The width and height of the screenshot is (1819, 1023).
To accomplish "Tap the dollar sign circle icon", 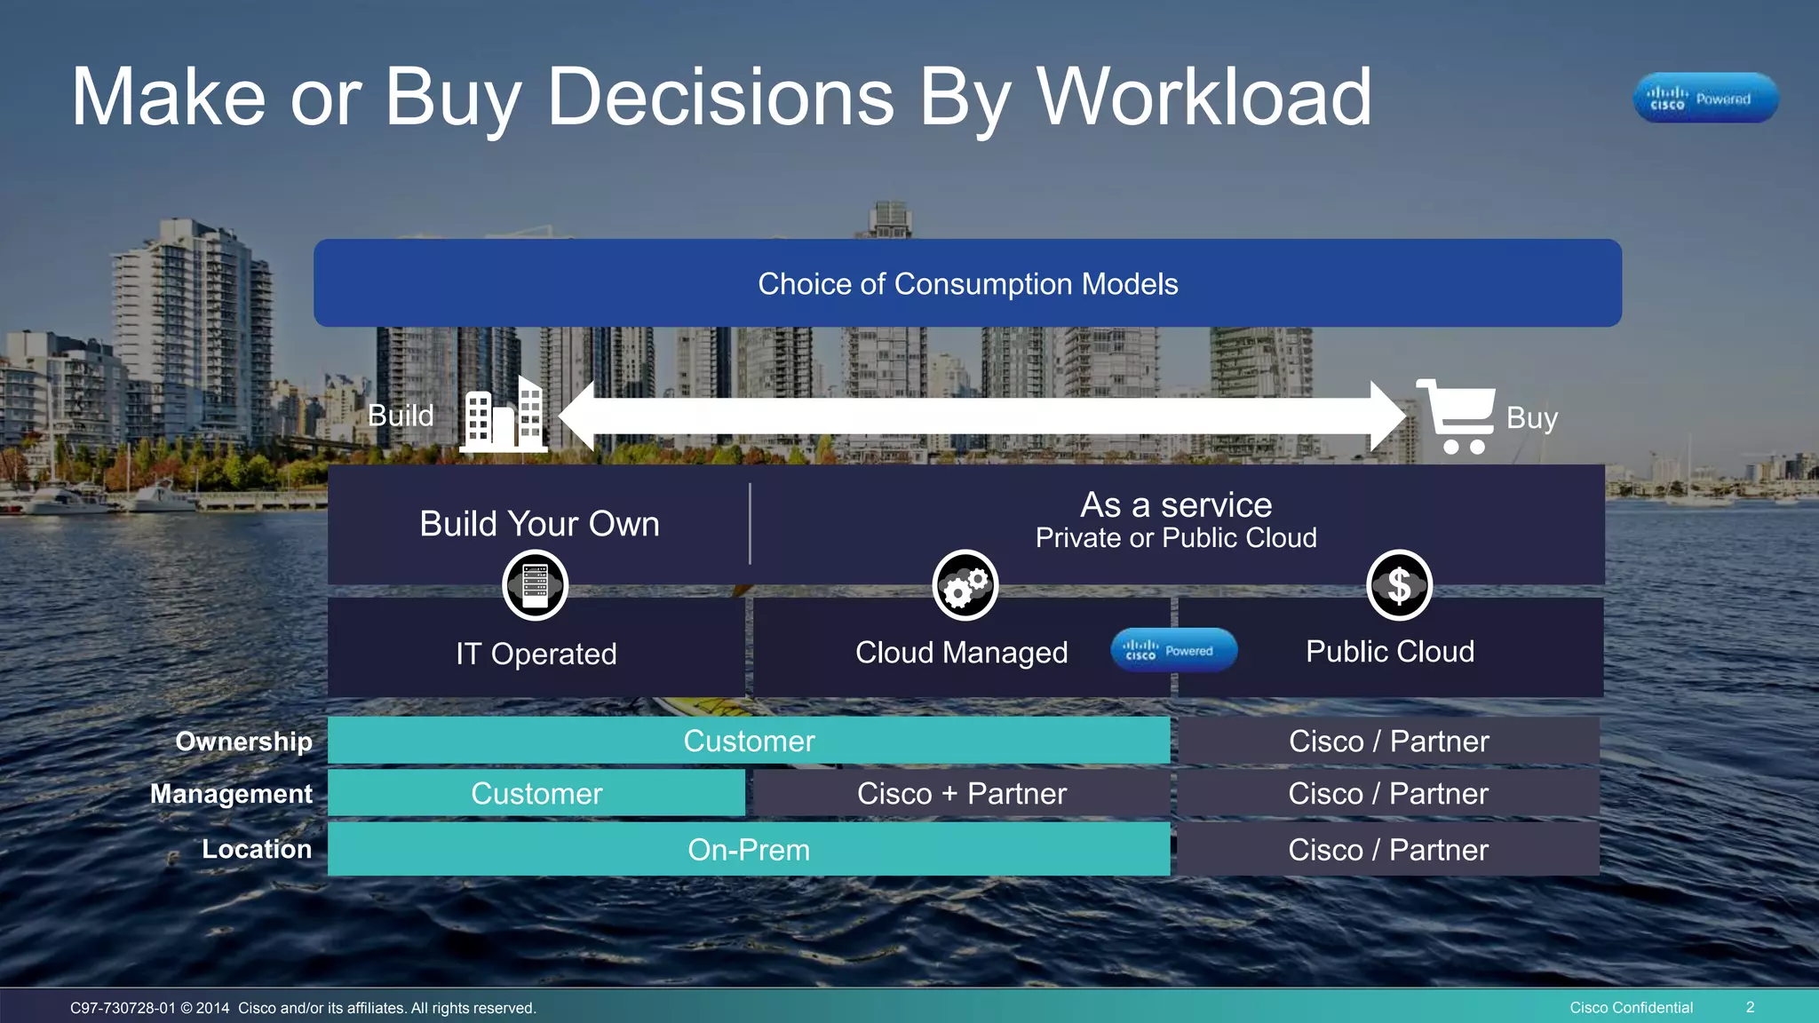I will (1399, 585).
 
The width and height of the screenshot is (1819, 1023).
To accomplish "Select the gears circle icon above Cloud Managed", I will (965, 585).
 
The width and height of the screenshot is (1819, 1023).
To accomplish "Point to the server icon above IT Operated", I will (535, 585).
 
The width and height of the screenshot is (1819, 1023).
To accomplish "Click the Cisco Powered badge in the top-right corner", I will (1705, 98).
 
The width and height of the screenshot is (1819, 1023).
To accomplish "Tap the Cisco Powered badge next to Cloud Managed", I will (1173, 650).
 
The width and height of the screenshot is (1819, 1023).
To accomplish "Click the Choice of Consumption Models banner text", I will (967, 284).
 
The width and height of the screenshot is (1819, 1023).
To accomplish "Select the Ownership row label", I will (244, 741).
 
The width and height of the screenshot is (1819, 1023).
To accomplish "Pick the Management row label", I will (231, 794).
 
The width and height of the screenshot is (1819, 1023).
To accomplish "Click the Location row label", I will (257, 849).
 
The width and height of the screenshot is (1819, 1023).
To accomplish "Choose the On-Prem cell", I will (749, 850).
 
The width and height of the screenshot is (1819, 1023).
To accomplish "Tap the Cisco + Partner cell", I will (962, 794).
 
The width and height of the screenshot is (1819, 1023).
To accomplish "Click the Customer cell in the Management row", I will (536, 794).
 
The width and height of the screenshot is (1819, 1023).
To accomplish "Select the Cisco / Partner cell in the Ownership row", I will (1389, 741).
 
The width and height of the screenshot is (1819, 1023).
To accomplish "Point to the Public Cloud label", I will (1390, 652).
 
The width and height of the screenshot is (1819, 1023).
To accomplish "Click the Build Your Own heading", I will (539, 524).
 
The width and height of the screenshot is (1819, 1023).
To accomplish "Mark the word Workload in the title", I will (1204, 98).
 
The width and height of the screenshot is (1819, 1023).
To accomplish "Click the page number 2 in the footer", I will (1750, 1007).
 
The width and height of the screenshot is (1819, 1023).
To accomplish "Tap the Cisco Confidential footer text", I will (1631, 1007).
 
